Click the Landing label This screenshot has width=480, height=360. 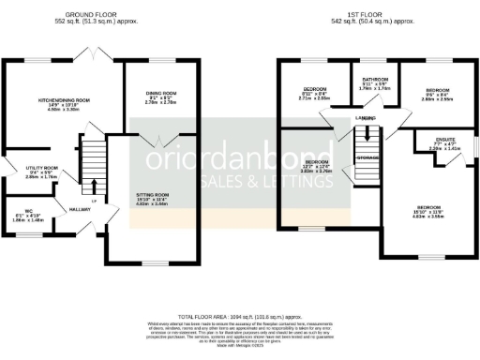[x=367, y=119]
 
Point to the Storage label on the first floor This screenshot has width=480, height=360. [x=367, y=158]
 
